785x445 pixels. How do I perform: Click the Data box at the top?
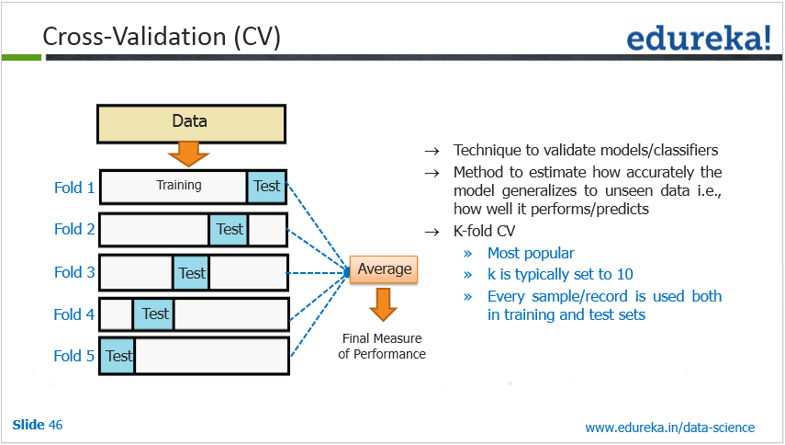[x=190, y=121]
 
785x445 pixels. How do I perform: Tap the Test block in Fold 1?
[x=266, y=187]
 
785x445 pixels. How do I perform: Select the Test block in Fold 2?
[x=230, y=229]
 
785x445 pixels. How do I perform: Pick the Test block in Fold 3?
[x=192, y=272]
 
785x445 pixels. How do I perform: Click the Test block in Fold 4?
[x=154, y=314]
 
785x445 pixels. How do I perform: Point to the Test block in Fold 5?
[x=118, y=356]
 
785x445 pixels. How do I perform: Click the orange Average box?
[x=385, y=269]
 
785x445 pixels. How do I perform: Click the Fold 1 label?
[x=74, y=188]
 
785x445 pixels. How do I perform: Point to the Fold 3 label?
[x=74, y=272]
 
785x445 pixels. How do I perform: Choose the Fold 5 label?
[x=74, y=356]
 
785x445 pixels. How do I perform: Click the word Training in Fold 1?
[x=179, y=186]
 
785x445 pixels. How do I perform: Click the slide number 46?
[x=56, y=425]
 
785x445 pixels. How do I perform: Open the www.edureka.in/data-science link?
[x=669, y=427]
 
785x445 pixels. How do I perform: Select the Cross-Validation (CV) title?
[x=162, y=37]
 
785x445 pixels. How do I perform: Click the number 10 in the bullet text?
[x=624, y=274]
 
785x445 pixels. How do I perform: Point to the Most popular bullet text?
[x=531, y=253]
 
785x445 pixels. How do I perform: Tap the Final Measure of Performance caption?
[x=382, y=346]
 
